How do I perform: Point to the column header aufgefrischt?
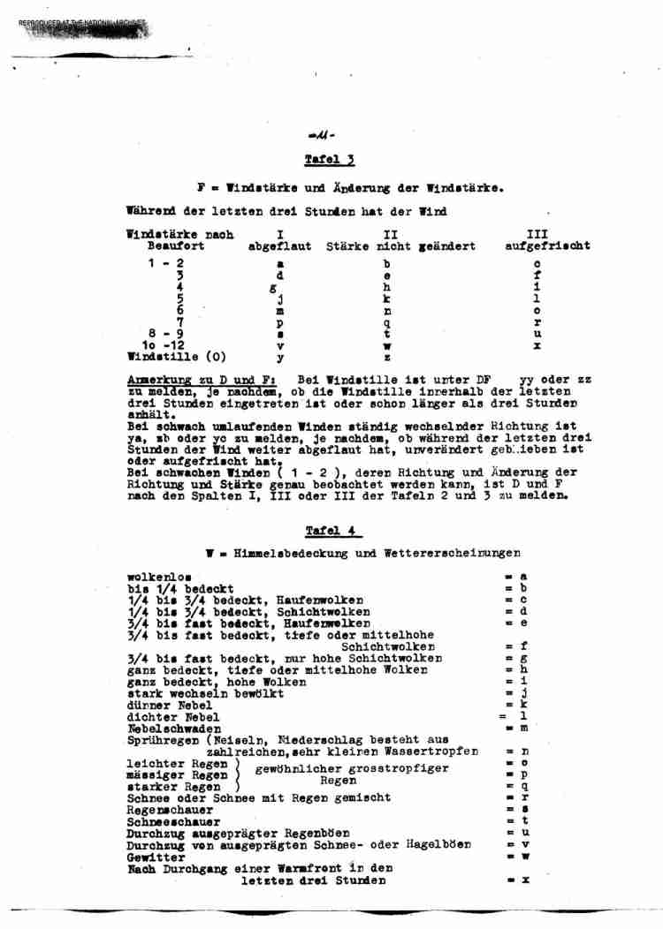pyautogui.click(x=547, y=246)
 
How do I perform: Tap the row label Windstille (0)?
pyautogui.click(x=177, y=357)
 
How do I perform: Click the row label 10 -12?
pyautogui.click(x=164, y=345)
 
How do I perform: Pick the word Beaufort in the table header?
pyautogui.click(x=175, y=246)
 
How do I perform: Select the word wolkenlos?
pyautogui.click(x=159, y=577)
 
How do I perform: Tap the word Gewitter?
pyautogui.click(x=156, y=857)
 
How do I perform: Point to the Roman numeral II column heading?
pyautogui.click(x=390, y=235)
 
